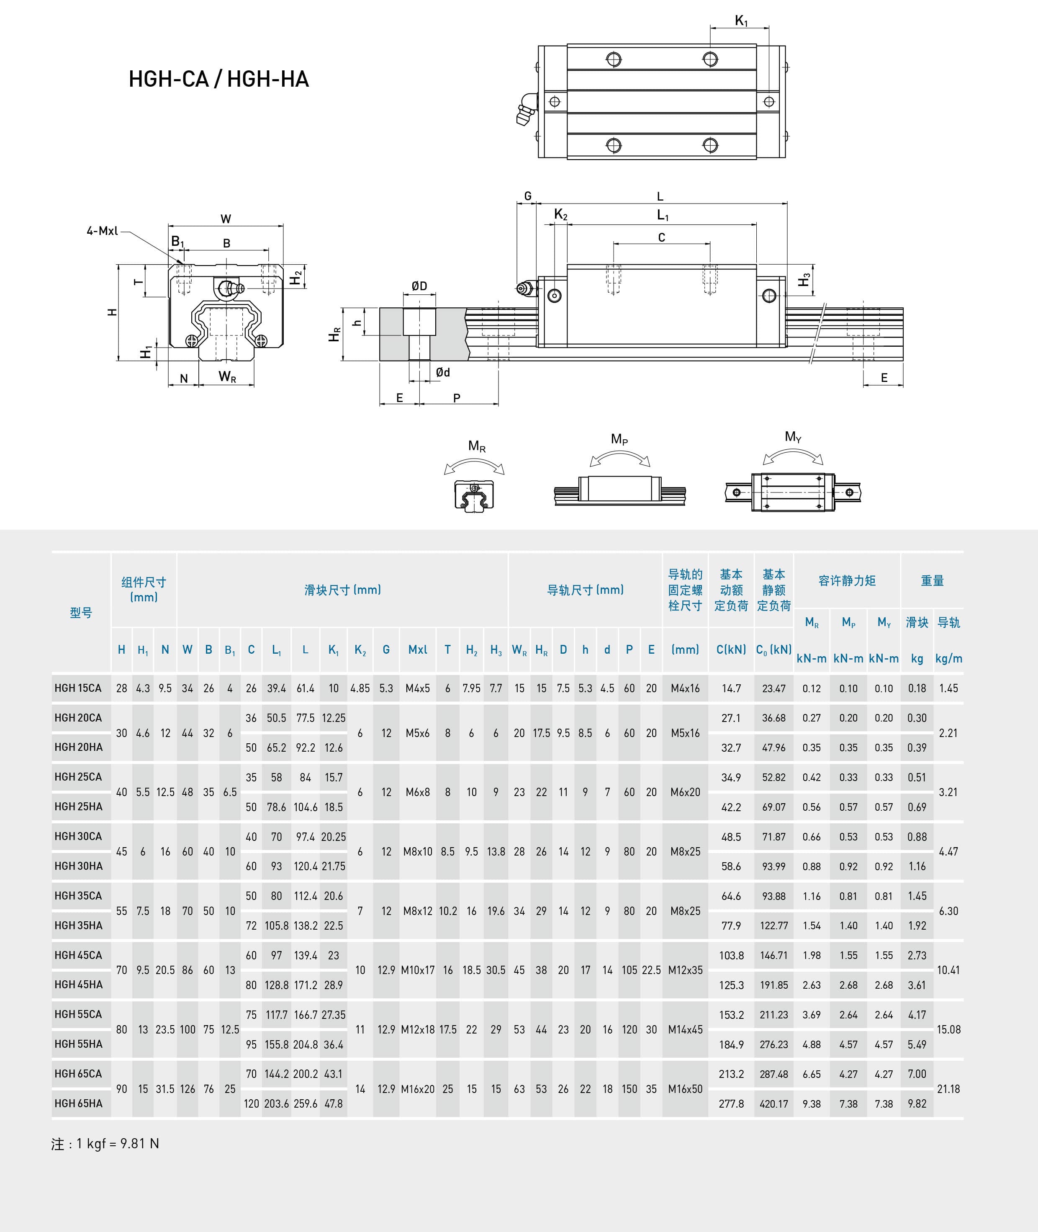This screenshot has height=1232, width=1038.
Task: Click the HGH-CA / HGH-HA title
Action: tap(218, 79)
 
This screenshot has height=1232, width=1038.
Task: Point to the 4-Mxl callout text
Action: tap(103, 231)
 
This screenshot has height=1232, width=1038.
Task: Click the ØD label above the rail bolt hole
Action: tap(419, 286)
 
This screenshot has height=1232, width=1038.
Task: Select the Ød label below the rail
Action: tap(443, 372)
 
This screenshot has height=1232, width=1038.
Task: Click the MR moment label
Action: tap(477, 446)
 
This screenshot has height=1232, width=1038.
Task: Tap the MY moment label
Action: tap(793, 437)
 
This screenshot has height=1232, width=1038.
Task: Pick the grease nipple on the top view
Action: tap(527, 110)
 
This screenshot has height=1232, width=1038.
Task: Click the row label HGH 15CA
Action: tap(78, 688)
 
